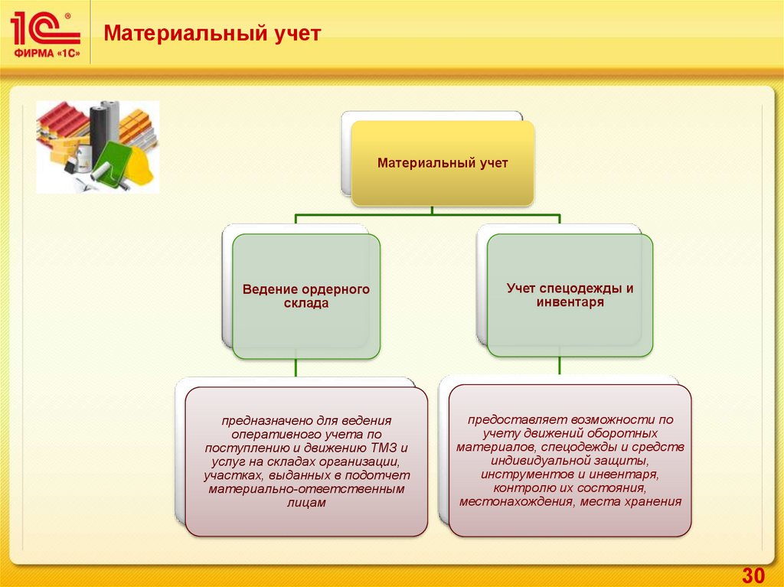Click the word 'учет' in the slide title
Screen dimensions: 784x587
click(x=296, y=34)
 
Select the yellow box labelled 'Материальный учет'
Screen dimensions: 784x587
click(x=443, y=163)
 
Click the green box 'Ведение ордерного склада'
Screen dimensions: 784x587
click(x=306, y=296)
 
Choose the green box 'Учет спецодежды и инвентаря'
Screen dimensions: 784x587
click(x=570, y=295)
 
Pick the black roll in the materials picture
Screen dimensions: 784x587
click(x=100, y=126)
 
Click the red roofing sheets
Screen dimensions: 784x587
click(x=61, y=122)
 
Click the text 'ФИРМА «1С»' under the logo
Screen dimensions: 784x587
click(x=45, y=53)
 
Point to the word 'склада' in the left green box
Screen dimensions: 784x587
click(x=306, y=304)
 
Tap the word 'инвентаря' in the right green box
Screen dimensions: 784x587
click(x=570, y=302)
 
